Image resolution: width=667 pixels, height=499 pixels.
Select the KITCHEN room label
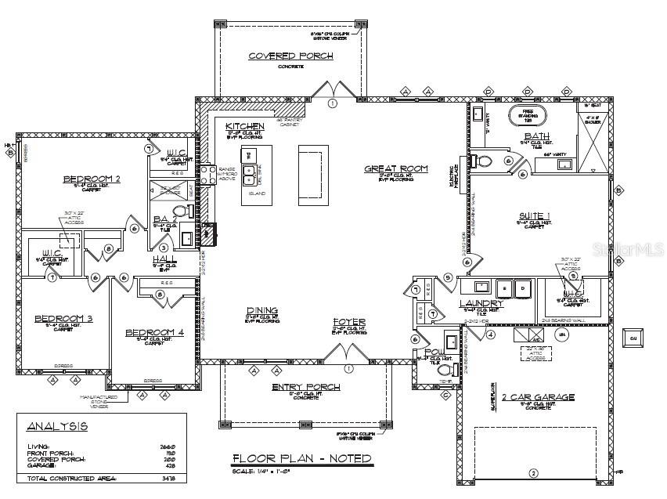pyautogui.click(x=244, y=126)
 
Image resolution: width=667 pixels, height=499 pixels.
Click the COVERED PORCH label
pyautogui.click(x=290, y=56)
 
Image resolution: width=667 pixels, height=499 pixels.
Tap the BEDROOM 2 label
pyautogui.click(x=91, y=179)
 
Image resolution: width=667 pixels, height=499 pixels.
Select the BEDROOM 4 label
pyautogui.click(x=154, y=332)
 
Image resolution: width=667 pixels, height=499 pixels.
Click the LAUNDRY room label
pyautogui.click(x=481, y=303)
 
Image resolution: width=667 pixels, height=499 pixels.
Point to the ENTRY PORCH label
pyautogui.click(x=305, y=387)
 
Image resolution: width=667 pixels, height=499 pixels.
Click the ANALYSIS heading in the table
pyautogui.click(x=57, y=426)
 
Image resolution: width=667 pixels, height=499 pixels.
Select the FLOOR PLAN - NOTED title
pyautogui.click(x=301, y=458)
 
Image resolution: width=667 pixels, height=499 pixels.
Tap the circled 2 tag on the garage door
pyautogui.click(x=534, y=472)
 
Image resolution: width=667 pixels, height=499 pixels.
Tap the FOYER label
pyautogui.click(x=348, y=322)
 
